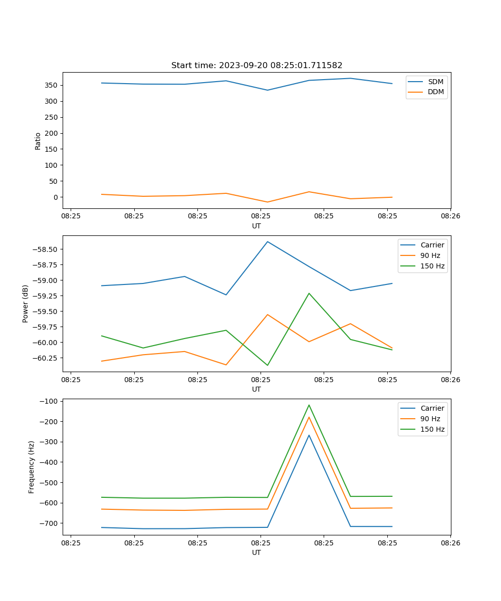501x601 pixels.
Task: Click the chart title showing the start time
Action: [257, 65]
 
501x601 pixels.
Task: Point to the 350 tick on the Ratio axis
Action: [52, 85]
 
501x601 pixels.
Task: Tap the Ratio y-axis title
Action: [38, 141]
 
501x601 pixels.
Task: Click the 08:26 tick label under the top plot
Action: [450, 217]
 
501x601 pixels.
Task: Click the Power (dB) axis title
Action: [26, 304]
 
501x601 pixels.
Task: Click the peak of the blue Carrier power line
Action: [268, 241]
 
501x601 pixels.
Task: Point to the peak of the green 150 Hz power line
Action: [309, 293]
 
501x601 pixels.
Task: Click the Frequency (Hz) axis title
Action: [32, 467]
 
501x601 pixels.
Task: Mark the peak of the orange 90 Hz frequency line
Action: [309, 417]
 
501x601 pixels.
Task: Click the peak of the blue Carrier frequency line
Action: [309, 435]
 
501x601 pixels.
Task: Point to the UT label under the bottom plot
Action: [257, 552]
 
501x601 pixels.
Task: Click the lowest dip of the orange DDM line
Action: [268, 202]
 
